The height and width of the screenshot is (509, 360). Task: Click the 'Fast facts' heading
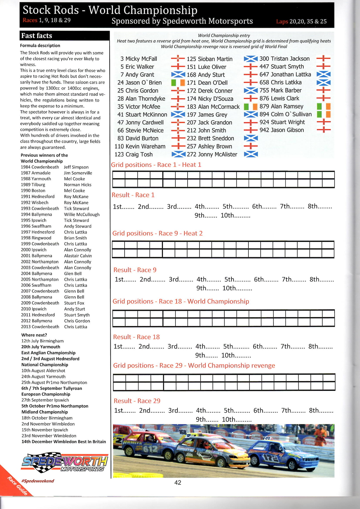37,36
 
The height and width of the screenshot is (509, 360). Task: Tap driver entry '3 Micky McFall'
139,59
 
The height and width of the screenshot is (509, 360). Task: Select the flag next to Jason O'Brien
178,82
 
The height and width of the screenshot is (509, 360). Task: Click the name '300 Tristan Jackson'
284,59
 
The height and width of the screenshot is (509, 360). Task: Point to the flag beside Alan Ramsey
323,106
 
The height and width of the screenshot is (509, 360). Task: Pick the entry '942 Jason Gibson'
282,130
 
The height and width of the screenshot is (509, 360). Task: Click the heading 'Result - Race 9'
135,270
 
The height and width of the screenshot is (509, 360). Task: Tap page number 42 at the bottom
178,483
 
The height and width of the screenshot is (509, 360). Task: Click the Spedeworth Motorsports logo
65,462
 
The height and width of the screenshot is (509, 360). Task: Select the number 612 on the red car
150,449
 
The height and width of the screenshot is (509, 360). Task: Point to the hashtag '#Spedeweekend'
37,481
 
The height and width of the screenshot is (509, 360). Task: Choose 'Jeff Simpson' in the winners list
76,167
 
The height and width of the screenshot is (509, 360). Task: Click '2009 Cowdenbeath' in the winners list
40,303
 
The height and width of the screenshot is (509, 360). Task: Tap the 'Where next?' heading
34,335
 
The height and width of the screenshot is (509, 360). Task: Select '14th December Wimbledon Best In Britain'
64,441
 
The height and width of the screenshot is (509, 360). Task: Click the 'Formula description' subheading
40,45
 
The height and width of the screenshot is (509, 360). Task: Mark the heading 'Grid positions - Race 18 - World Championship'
181,301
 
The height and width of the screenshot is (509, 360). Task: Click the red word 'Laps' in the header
282,21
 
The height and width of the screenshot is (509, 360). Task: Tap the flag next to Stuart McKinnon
178,114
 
